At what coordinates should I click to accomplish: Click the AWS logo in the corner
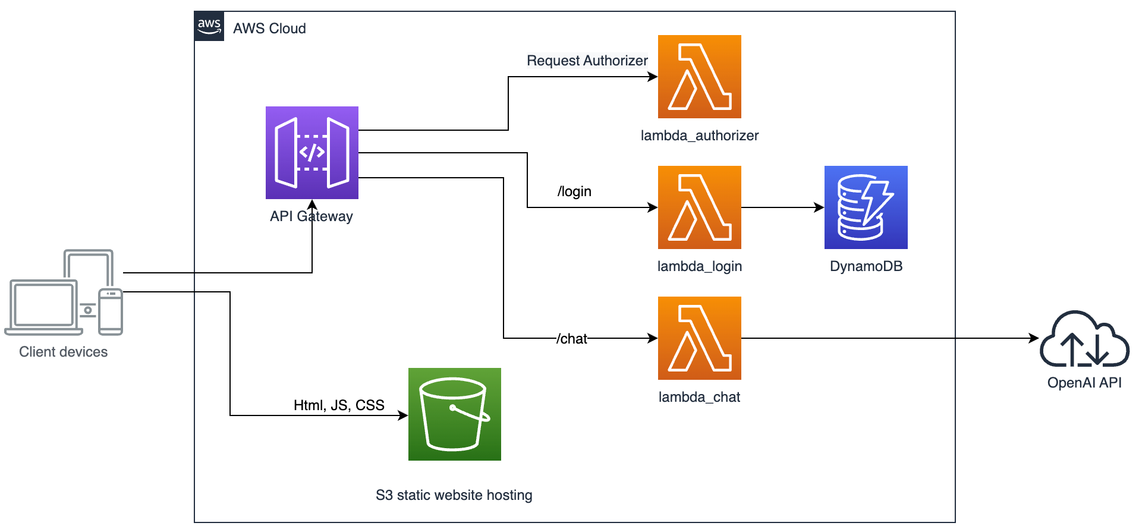tap(209, 26)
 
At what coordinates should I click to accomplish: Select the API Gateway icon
tap(312, 153)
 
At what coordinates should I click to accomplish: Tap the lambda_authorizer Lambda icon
tap(700, 77)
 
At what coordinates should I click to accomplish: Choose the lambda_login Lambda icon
tap(700, 207)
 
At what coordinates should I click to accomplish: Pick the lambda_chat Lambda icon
tap(700, 338)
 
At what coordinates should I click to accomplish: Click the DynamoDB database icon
tap(866, 207)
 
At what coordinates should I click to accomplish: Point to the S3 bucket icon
tap(455, 414)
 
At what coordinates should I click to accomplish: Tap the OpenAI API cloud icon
tap(1084, 339)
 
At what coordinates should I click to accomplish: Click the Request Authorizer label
tap(587, 61)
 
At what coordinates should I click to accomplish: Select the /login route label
tap(574, 191)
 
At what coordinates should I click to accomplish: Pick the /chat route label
tap(572, 339)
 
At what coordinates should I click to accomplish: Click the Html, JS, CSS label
tap(339, 405)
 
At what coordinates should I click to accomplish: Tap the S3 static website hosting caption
tap(454, 495)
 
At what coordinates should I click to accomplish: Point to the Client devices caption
tap(64, 352)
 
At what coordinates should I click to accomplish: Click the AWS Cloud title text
tap(269, 29)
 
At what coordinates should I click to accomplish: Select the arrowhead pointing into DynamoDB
tap(819, 207)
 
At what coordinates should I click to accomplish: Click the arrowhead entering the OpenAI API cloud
tap(1034, 338)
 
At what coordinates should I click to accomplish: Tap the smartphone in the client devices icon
tap(111, 311)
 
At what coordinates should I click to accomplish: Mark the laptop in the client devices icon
tap(43, 307)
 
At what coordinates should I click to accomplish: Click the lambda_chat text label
tap(700, 397)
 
